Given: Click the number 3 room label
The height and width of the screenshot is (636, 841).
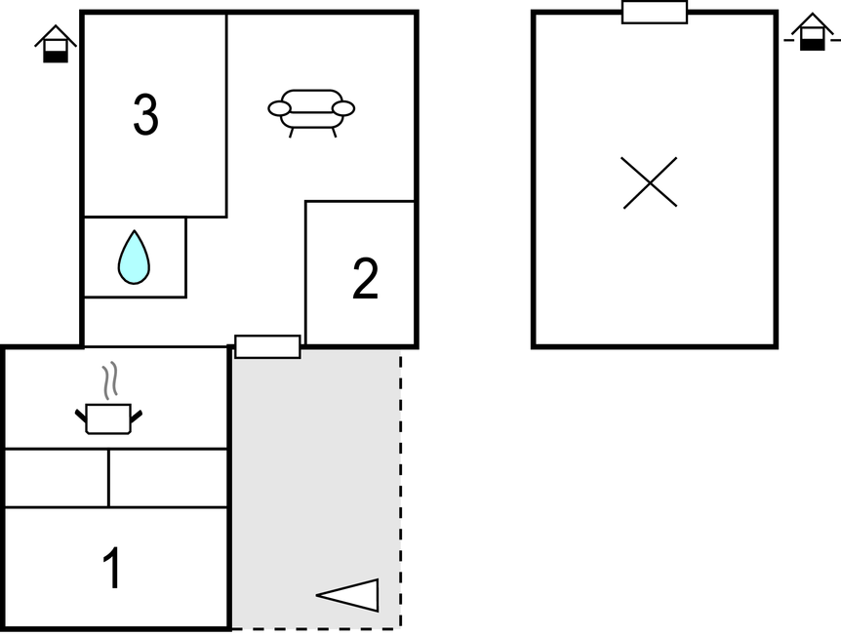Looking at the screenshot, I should pyautogui.click(x=145, y=116).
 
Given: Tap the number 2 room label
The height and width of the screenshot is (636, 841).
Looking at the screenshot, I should pyautogui.click(x=365, y=280).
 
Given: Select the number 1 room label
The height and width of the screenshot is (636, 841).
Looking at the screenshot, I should pyautogui.click(x=113, y=569).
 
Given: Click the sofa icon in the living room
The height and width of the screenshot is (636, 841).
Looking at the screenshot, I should pyautogui.click(x=311, y=110).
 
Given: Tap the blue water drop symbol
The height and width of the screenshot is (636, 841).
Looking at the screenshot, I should pyautogui.click(x=134, y=258).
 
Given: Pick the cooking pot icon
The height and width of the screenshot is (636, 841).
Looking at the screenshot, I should pyautogui.click(x=108, y=417).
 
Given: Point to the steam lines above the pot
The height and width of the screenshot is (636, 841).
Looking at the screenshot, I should pyautogui.click(x=111, y=378).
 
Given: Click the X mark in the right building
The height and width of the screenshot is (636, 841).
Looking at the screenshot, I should pyautogui.click(x=650, y=182).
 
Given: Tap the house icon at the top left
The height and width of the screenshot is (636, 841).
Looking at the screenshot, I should pyautogui.click(x=56, y=45).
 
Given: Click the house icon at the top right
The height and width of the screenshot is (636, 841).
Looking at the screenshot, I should pyautogui.click(x=812, y=33).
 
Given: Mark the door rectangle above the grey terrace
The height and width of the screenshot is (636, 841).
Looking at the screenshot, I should pyautogui.click(x=267, y=346).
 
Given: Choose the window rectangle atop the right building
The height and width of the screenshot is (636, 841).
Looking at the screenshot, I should pyautogui.click(x=655, y=12).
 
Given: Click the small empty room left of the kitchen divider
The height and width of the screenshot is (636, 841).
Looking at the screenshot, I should pyautogui.click(x=57, y=478).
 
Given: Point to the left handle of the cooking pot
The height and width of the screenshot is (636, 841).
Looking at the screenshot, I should pyautogui.click(x=81, y=417).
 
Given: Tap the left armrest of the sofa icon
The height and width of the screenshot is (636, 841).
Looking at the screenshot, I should pyautogui.click(x=280, y=108).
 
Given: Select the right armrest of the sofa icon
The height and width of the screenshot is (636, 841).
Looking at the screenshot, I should pyautogui.click(x=343, y=108).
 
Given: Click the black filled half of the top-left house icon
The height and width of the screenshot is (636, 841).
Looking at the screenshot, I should pyautogui.click(x=56, y=56).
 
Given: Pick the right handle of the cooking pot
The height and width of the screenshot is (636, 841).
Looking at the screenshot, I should pyautogui.click(x=137, y=417).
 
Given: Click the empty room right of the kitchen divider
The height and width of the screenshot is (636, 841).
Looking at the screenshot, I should pyautogui.click(x=168, y=478).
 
